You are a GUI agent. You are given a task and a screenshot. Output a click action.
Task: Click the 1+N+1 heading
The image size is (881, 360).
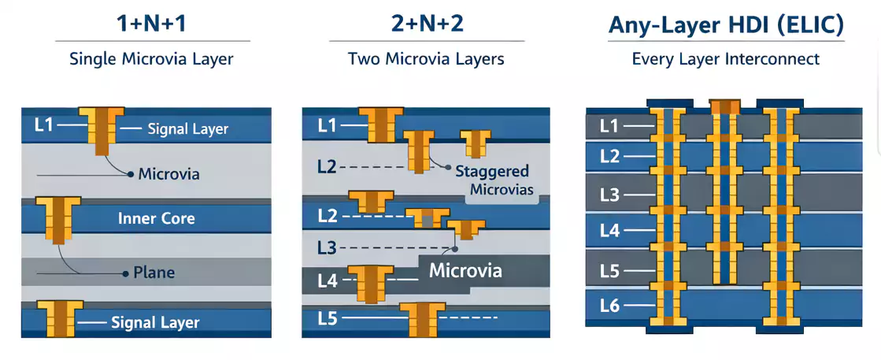(x=153, y=24)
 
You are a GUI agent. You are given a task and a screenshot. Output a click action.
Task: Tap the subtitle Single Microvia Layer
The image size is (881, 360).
(x=153, y=59)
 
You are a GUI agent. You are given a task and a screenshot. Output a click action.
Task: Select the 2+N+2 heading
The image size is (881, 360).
(x=427, y=24)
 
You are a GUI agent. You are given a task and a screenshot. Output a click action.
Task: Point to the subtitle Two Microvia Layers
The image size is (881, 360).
(x=426, y=59)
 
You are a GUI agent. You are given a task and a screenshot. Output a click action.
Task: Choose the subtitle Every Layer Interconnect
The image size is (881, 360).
(x=725, y=59)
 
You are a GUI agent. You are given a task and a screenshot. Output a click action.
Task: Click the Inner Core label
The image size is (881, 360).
(x=156, y=218)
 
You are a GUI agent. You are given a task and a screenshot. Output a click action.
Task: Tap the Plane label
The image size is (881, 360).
(x=154, y=273)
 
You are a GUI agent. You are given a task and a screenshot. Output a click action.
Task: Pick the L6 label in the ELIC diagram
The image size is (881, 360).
(x=610, y=306)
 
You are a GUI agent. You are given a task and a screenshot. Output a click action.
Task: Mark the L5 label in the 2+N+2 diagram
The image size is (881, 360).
(x=328, y=319)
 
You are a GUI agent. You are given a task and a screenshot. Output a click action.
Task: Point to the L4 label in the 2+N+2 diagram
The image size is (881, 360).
(x=328, y=280)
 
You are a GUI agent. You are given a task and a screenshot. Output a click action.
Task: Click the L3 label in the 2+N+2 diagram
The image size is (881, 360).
(x=327, y=249)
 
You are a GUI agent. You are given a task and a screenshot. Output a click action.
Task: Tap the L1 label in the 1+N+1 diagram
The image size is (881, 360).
(x=44, y=124)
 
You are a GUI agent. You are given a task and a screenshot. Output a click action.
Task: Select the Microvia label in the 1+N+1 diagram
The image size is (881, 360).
(x=168, y=174)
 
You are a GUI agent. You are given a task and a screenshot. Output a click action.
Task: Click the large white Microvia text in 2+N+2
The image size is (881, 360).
(x=465, y=271)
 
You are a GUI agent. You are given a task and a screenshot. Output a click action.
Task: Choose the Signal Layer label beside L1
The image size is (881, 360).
(x=187, y=128)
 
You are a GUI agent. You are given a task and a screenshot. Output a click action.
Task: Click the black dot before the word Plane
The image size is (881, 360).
(x=125, y=273)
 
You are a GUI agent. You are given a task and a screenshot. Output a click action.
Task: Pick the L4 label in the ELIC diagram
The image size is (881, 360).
(x=610, y=231)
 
